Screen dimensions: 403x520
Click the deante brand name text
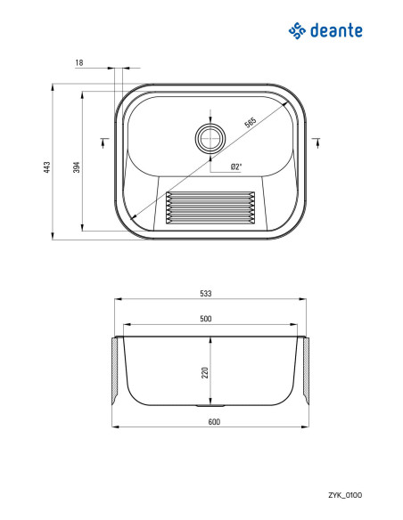tap(336, 30)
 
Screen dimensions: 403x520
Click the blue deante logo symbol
tap(297, 31)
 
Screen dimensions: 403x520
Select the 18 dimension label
tap(79, 62)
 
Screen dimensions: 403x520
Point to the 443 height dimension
tap(47, 167)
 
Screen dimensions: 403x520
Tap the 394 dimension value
tap(77, 167)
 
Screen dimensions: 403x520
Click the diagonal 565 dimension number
tap(251, 122)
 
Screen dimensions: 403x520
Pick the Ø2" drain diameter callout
tap(236, 167)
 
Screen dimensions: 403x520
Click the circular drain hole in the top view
tap(210, 138)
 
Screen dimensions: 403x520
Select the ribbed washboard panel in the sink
tap(210, 207)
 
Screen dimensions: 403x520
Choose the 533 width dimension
tap(206, 294)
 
